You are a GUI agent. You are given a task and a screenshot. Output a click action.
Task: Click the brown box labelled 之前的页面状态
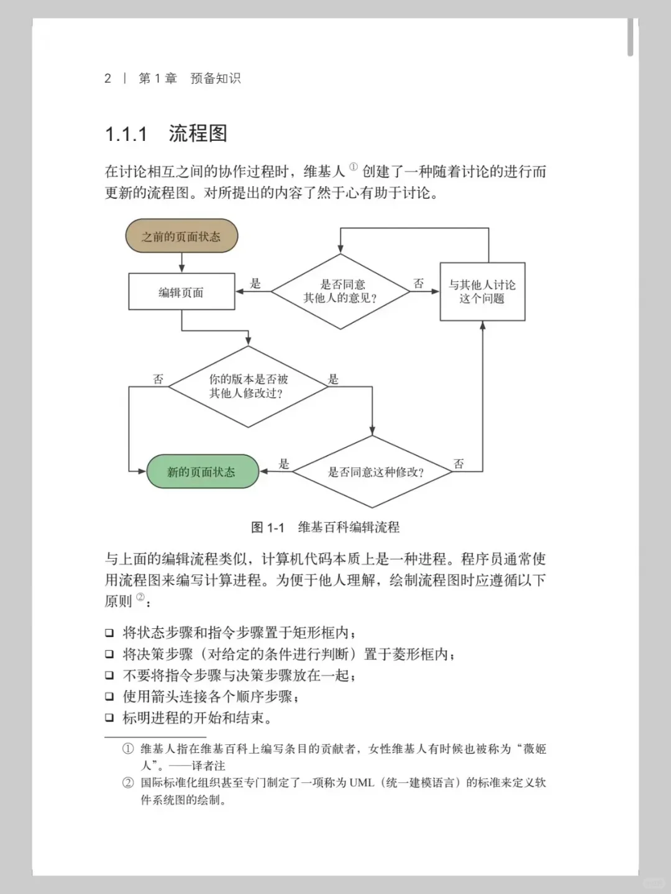pyautogui.click(x=181, y=237)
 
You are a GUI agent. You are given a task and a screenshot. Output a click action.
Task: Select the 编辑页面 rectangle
pyautogui.click(x=181, y=292)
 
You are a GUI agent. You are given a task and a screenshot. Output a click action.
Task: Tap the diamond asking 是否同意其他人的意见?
pyautogui.click(x=340, y=291)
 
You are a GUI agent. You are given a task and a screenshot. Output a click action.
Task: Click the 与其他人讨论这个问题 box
pyautogui.click(x=482, y=292)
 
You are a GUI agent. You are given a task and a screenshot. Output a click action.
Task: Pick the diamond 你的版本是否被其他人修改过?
pyautogui.click(x=248, y=386)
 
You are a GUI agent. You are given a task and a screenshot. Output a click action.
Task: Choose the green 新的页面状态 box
pyautogui.click(x=201, y=472)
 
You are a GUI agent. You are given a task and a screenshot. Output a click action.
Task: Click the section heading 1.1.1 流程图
pyautogui.click(x=166, y=133)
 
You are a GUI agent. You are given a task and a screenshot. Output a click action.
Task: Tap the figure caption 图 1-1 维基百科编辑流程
pyautogui.click(x=325, y=528)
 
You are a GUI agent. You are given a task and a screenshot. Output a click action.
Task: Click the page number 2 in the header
pyautogui.click(x=107, y=78)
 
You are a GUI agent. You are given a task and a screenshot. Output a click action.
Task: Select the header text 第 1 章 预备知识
pyautogui.click(x=189, y=78)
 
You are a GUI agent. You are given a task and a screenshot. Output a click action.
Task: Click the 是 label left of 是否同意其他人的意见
pyautogui.click(x=255, y=284)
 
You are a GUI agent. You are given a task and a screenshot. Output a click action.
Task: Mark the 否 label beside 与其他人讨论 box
pyautogui.click(x=419, y=284)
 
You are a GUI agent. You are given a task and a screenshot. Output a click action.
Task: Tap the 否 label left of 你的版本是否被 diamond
pyautogui.click(x=158, y=379)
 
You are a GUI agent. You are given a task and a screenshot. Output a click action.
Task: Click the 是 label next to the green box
pyautogui.click(x=284, y=464)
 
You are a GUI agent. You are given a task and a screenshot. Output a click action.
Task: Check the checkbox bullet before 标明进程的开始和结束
pyautogui.click(x=109, y=718)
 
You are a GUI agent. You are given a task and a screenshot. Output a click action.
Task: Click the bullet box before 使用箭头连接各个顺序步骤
pyautogui.click(x=109, y=697)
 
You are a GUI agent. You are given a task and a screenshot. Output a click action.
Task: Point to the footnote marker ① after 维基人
pyautogui.click(x=354, y=166)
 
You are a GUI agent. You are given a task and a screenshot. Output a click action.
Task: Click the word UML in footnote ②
pyautogui.click(x=362, y=783)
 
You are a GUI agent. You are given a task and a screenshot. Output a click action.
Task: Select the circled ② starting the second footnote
pyautogui.click(x=128, y=783)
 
